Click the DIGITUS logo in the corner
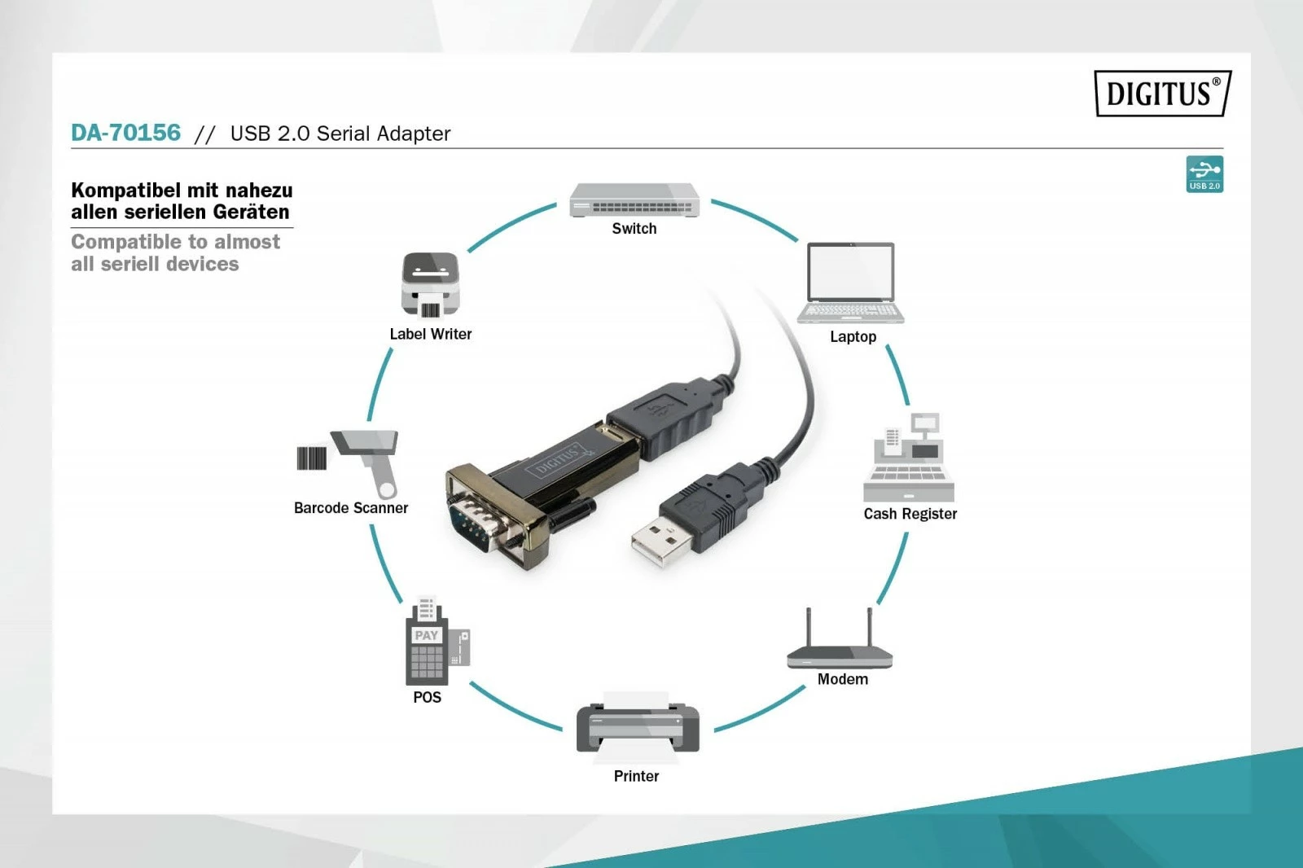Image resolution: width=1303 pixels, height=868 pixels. [1162, 94]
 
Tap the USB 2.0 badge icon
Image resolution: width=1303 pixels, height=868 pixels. [1204, 174]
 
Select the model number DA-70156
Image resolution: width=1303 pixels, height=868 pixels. [126, 133]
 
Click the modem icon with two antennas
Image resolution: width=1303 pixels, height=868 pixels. [840, 643]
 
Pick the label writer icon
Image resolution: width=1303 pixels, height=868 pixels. [430, 284]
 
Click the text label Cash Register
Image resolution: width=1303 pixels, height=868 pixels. [910, 514]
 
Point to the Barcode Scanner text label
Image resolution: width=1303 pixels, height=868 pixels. [350, 508]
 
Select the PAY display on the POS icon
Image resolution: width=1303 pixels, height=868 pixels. [426, 635]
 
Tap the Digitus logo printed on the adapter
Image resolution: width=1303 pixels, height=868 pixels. [558, 460]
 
